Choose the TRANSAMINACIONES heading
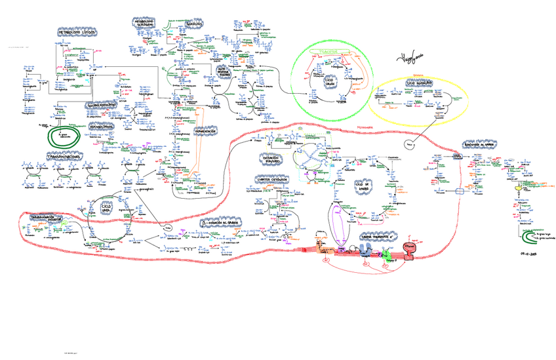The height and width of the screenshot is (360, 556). coord(64,158)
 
